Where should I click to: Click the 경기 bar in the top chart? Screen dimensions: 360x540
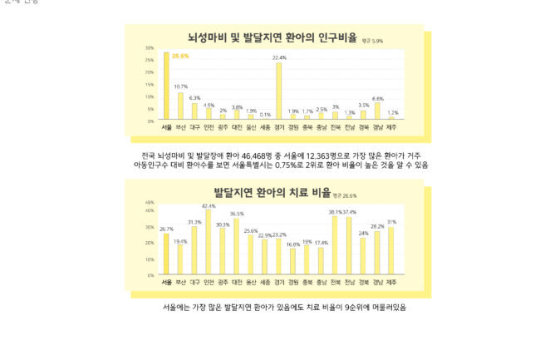click(278, 91)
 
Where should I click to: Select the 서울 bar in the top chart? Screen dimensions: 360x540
click(166, 87)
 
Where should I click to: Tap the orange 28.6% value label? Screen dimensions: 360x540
click(180, 57)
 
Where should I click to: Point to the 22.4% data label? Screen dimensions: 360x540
click(279, 58)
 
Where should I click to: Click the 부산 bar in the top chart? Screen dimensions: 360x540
click(180, 106)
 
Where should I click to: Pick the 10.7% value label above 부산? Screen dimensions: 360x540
click(180, 86)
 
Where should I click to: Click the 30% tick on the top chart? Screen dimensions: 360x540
click(150, 48)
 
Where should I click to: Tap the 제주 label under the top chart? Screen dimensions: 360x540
click(393, 127)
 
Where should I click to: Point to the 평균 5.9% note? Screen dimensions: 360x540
click(372, 40)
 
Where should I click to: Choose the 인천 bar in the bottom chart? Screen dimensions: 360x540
click(209, 242)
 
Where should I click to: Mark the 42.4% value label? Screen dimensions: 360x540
click(209, 206)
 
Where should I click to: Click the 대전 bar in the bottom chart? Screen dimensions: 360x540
click(237, 246)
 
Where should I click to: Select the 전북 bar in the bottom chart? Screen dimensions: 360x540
click(335, 245)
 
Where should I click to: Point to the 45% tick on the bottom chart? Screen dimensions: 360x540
click(150, 203)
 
